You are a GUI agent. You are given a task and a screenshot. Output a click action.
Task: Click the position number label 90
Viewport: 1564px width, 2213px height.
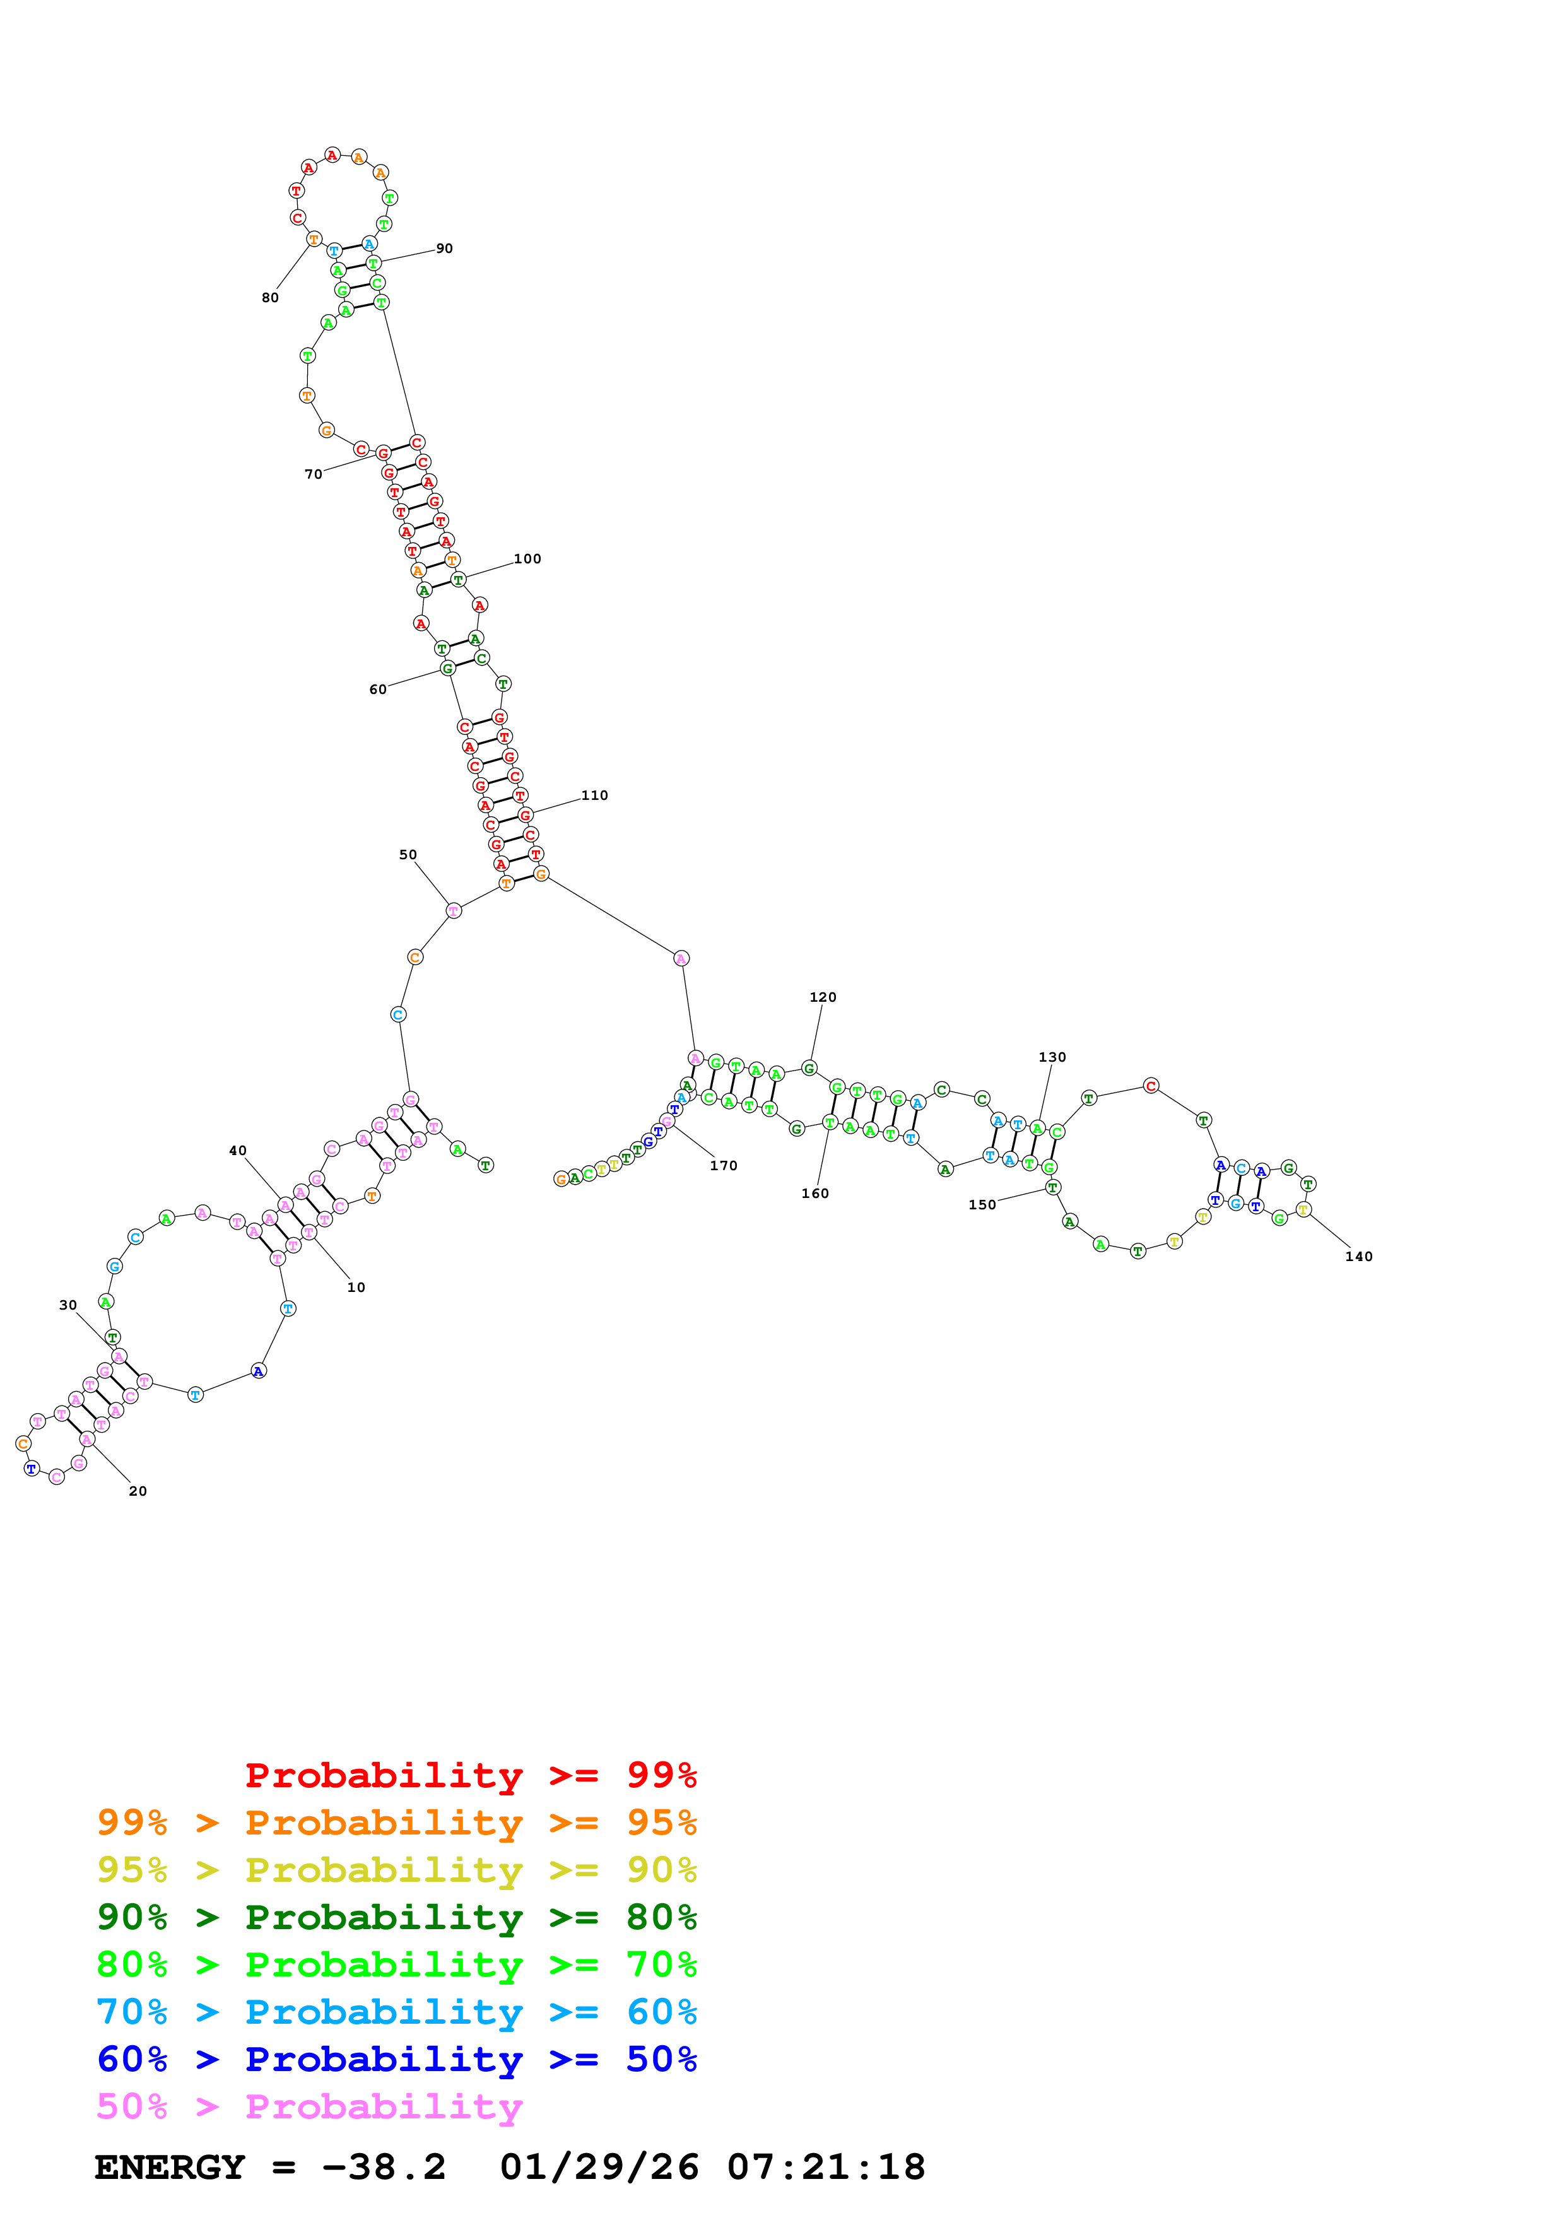pos(444,249)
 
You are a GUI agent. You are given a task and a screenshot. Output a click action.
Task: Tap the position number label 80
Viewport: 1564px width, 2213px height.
pos(270,298)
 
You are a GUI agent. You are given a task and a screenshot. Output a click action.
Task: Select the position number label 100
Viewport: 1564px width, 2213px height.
pos(527,559)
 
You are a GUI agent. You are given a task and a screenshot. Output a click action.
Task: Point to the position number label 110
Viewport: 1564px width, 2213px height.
pos(594,795)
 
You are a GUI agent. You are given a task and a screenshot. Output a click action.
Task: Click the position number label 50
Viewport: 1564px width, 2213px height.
pos(408,855)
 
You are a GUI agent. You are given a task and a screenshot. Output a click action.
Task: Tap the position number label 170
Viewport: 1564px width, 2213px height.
pos(723,1165)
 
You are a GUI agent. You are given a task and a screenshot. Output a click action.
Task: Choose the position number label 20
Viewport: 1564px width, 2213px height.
pos(138,1491)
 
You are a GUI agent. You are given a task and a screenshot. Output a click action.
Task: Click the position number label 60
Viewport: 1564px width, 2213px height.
pos(378,689)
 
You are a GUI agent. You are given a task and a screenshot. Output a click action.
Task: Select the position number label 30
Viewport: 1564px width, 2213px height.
pos(68,1305)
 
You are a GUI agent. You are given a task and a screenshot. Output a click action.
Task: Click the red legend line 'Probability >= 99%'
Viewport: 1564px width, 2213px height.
pos(470,1775)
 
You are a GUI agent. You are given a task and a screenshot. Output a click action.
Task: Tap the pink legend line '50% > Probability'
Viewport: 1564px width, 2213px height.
pos(309,2106)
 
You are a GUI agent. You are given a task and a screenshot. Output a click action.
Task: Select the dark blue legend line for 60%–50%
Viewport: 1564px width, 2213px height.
pos(396,2059)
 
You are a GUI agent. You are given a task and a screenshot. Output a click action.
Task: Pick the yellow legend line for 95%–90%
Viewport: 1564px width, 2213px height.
pos(396,1870)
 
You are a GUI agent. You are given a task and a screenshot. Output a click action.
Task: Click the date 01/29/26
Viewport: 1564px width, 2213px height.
pos(599,2167)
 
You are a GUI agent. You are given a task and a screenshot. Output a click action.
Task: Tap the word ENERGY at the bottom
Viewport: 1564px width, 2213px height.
pos(170,2167)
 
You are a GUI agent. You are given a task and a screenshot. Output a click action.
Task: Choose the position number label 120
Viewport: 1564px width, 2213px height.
pos(822,997)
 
